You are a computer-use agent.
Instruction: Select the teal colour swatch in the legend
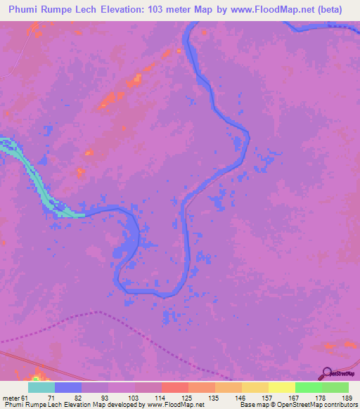pyautogui.click(x=41, y=388)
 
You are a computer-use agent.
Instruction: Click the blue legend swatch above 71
pyautogui.click(x=67, y=388)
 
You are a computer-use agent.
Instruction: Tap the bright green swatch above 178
pyautogui.click(x=308, y=388)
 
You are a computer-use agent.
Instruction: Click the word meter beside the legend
pyautogui.click(x=12, y=397)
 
